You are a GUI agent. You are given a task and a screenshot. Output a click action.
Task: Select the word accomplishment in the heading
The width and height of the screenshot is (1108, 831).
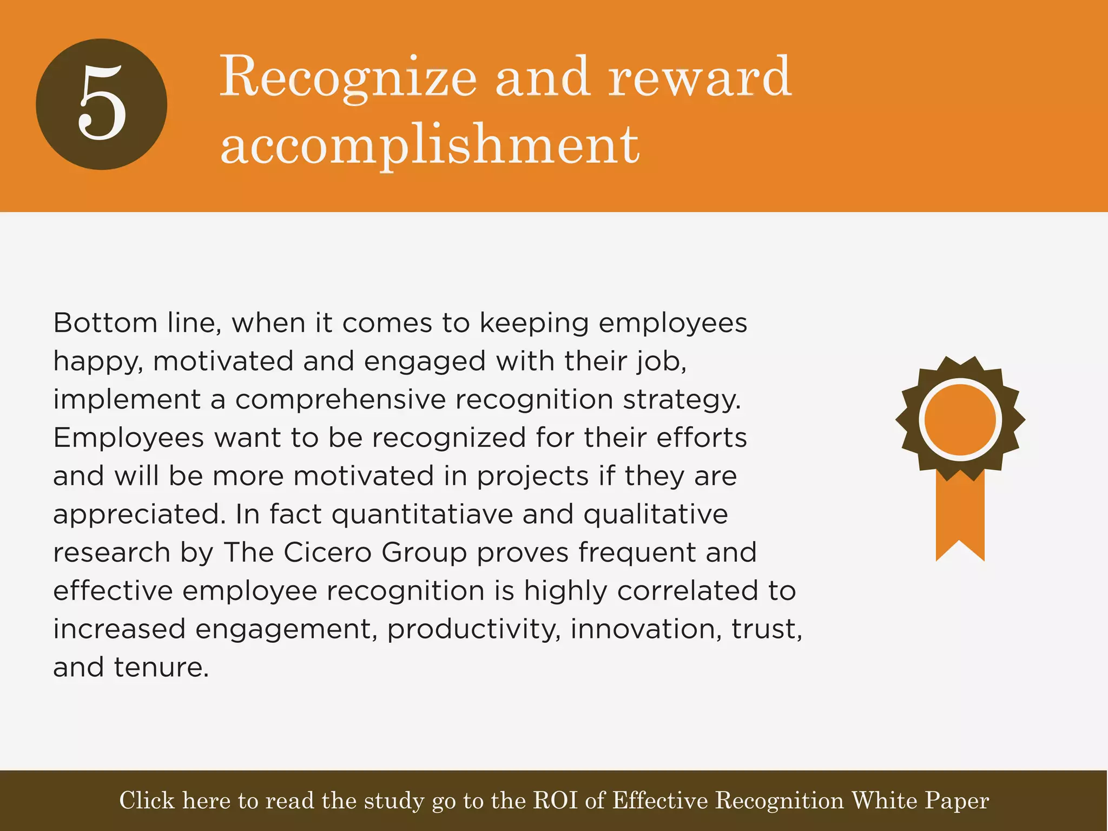430,144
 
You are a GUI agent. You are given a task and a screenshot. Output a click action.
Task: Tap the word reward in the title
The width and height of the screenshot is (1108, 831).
700,77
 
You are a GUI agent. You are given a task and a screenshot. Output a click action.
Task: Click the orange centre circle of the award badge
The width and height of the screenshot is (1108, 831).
960,419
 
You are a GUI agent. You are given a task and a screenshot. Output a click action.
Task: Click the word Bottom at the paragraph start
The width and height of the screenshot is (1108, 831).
105,323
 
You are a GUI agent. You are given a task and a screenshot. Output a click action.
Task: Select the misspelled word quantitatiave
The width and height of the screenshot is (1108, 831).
422,514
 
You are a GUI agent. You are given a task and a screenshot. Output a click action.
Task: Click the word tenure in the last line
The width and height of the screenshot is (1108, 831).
161,667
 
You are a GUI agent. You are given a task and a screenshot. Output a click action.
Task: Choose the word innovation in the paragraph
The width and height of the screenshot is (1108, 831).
646,629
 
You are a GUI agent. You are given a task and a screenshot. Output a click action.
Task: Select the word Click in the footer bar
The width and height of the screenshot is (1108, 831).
147,800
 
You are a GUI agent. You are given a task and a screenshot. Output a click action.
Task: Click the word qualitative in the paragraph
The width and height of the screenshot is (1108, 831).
655,514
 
